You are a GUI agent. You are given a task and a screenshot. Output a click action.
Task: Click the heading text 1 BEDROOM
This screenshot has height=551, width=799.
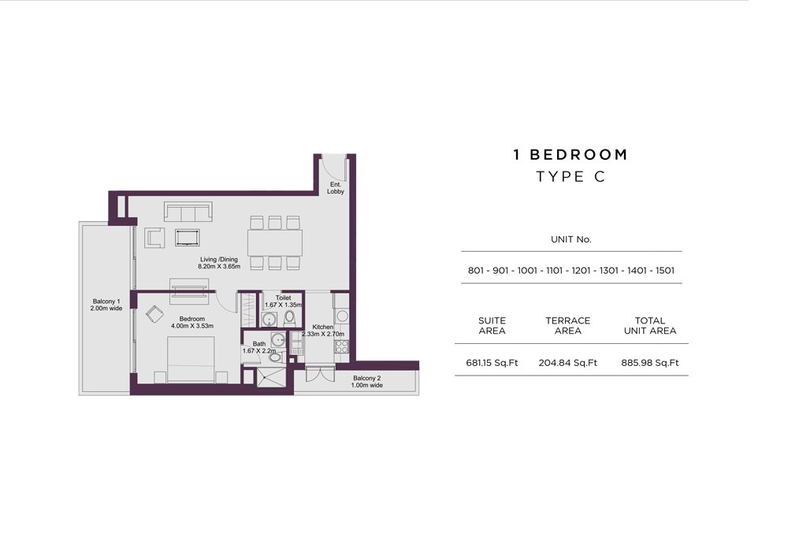coord(570,154)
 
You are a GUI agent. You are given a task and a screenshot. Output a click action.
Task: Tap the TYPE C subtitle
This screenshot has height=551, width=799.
coord(570,176)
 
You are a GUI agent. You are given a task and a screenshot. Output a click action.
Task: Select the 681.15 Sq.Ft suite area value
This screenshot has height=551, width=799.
coord(492,363)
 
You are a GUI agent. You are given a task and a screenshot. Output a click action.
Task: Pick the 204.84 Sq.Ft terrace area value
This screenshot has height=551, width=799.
coord(567,363)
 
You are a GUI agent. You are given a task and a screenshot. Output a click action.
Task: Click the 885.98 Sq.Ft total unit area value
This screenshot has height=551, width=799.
coord(650,363)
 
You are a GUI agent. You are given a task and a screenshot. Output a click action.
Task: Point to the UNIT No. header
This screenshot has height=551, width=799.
coord(570,239)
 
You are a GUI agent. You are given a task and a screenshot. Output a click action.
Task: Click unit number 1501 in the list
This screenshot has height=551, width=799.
coord(664,271)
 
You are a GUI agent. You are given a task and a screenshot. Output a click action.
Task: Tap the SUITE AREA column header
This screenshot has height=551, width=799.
coord(492,326)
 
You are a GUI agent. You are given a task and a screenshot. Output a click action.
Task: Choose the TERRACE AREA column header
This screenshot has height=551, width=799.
coord(567,326)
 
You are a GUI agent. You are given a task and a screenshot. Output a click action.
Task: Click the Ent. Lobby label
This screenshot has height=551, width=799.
coord(336,188)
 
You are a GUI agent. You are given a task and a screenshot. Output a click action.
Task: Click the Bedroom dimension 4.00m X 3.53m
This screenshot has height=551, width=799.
coord(192,326)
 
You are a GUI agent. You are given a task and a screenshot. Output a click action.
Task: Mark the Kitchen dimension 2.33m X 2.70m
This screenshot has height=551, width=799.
coord(323,334)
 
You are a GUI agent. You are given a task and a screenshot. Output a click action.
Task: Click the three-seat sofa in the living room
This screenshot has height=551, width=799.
coord(188,212)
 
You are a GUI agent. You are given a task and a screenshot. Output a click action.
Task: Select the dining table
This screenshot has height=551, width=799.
coord(275,243)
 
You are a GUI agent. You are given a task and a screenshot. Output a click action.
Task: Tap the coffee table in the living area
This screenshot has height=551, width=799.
coord(188,237)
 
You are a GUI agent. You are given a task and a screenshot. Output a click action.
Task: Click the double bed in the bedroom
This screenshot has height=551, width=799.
coord(191,360)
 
